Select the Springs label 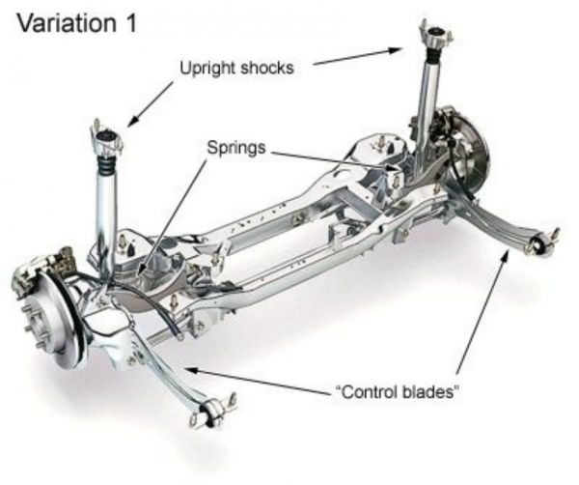click(x=235, y=150)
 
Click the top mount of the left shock click(x=109, y=135)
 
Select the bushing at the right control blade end click(x=542, y=242)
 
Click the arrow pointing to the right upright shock click(x=357, y=56)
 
